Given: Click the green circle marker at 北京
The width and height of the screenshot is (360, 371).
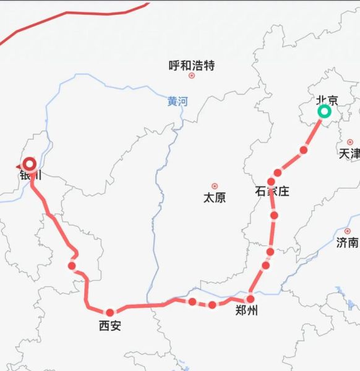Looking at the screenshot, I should click(x=324, y=112).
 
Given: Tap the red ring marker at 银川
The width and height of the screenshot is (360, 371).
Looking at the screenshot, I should click(x=29, y=164).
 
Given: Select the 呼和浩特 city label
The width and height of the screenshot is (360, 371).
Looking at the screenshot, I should click(x=191, y=65).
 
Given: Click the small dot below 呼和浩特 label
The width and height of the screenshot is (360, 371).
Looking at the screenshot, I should click(x=192, y=75).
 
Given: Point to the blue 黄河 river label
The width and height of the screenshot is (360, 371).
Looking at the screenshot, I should click(x=177, y=101).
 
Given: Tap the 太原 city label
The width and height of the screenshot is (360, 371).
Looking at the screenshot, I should click(x=215, y=198).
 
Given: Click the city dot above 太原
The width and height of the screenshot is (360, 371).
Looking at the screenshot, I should click(x=215, y=186).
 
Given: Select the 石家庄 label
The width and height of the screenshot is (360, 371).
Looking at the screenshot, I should click(x=272, y=191).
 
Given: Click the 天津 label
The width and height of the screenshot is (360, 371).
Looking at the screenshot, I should click(x=349, y=153).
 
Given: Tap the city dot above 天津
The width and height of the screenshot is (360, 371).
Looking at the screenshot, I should click(x=350, y=142).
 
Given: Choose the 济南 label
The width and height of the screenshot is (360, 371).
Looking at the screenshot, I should click(x=347, y=242).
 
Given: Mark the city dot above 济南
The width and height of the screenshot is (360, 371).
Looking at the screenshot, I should click(x=347, y=231).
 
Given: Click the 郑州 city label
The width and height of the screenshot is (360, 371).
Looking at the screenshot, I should click(x=247, y=311).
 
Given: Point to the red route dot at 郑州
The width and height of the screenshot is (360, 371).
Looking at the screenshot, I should click(x=251, y=299).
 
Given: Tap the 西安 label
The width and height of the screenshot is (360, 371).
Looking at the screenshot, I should click(x=110, y=325).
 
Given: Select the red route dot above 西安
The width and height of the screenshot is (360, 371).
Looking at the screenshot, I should click(x=110, y=312).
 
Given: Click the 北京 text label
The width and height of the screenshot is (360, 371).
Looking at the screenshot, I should click(x=327, y=100).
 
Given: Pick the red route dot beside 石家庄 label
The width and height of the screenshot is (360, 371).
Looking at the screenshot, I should click(x=271, y=182).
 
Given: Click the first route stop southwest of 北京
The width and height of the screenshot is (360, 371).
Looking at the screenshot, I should click(x=303, y=150).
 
